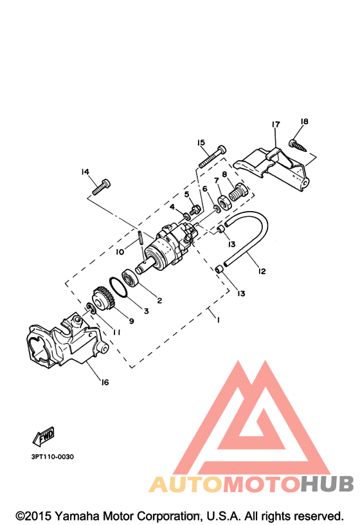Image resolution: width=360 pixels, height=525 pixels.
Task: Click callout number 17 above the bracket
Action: [x=275, y=125]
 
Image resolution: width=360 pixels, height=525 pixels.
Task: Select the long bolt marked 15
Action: [x=212, y=156]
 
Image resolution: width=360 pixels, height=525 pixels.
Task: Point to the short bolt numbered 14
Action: [x=101, y=187]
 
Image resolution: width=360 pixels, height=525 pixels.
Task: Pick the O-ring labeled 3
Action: [x=118, y=288]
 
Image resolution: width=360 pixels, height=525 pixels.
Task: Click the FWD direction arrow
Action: [x=44, y=436]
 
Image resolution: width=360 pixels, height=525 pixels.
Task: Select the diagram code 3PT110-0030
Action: [x=53, y=457]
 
